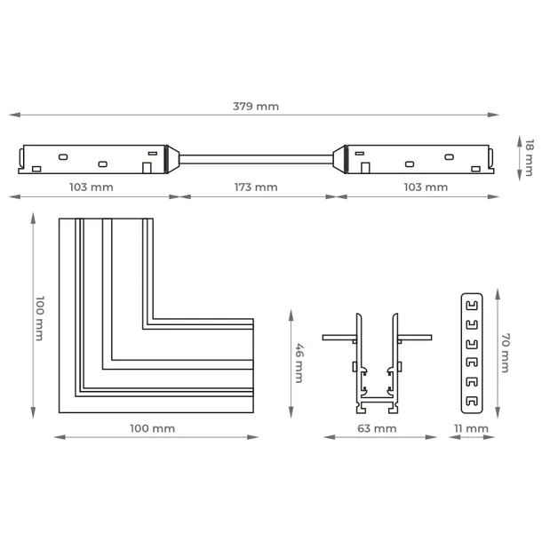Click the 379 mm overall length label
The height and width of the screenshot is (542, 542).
[x=256, y=107]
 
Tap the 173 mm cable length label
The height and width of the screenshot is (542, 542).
[x=256, y=187]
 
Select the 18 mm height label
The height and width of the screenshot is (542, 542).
[x=530, y=158]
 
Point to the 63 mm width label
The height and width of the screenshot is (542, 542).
[x=377, y=428]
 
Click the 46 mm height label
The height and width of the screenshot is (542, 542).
[x=299, y=363]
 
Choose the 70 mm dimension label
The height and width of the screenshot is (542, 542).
[x=506, y=353]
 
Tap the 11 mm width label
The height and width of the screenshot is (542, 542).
[x=471, y=428]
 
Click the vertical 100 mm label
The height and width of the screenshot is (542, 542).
[x=40, y=318]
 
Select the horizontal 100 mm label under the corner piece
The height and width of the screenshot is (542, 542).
[x=153, y=428]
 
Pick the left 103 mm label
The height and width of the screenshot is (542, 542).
[x=92, y=187]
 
